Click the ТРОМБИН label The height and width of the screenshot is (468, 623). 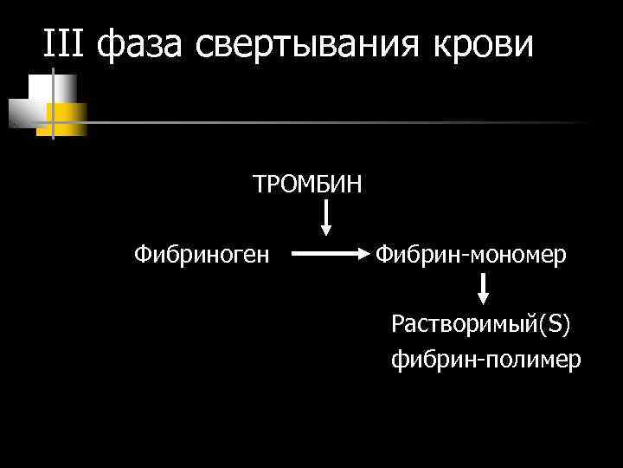[x=307, y=185]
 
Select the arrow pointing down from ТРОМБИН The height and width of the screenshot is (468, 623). [x=325, y=217]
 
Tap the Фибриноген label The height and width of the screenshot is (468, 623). [x=202, y=254]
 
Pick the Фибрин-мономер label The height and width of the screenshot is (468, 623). [x=471, y=254]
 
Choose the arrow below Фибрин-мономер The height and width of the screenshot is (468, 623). [x=484, y=289]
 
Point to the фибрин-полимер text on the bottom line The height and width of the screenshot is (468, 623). [x=485, y=359]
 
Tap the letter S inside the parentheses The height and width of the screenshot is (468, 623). [x=553, y=324]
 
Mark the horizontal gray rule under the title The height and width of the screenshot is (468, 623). [x=346, y=122]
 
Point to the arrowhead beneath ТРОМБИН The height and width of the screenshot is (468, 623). [x=325, y=230]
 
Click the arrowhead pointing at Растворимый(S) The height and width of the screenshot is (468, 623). [x=484, y=298]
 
